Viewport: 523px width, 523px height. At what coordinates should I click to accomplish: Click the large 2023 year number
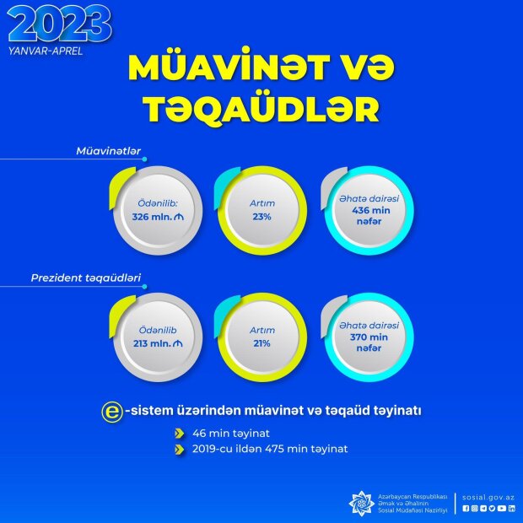click(x=60, y=24)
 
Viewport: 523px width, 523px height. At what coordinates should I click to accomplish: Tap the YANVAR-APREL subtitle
click(x=46, y=51)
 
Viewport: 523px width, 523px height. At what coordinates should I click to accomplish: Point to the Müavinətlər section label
click(x=109, y=151)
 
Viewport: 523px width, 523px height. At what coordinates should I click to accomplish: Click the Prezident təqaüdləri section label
click(x=86, y=278)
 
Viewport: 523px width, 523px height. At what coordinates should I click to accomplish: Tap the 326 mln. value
click(x=153, y=217)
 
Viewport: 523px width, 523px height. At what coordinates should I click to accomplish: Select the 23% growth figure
click(x=261, y=217)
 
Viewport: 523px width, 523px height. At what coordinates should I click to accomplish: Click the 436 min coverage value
click(x=371, y=211)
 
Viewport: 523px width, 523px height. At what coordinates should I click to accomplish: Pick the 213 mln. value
click(x=153, y=343)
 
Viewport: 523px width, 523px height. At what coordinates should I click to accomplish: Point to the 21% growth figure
click(x=261, y=343)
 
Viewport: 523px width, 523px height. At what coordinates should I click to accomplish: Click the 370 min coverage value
click(x=369, y=337)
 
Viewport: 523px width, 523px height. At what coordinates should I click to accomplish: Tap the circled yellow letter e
click(x=112, y=412)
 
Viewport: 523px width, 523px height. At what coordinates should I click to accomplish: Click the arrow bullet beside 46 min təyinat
click(x=180, y=434)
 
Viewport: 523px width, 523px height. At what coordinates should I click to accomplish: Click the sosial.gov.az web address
click(x=488, y=498)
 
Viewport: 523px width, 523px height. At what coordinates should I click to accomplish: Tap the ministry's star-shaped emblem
click(x=361, y=504)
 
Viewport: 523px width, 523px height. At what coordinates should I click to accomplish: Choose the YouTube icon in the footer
click(x=502, y=509)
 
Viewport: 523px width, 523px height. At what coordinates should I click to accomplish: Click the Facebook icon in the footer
click(x=466, y=509)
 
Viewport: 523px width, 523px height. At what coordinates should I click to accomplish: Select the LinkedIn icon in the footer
click(x=512, y=509)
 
